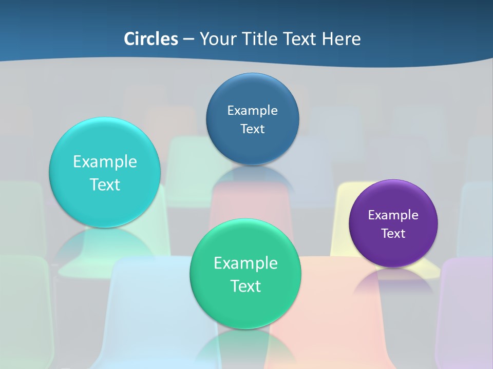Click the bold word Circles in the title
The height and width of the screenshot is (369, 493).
click(x=151, y=39)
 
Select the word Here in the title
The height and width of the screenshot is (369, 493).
click(x=341, y=39)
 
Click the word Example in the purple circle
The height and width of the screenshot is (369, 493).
click(x=393, y=215)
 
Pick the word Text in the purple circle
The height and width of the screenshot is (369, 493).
click(x=393, y=233)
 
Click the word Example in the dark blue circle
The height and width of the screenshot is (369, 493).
click(x=252, y=110)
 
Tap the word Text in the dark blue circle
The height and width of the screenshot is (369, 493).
click(x=252, y=129)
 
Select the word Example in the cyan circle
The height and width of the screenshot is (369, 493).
click(x=105, y=161)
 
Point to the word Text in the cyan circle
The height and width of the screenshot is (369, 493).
click(x=105, y=184)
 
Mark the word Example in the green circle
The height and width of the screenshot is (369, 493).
click(x=245, y=263)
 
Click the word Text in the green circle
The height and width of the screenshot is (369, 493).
click(x=245, y=286)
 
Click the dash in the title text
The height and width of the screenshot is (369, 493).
click(x=188, y=39)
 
